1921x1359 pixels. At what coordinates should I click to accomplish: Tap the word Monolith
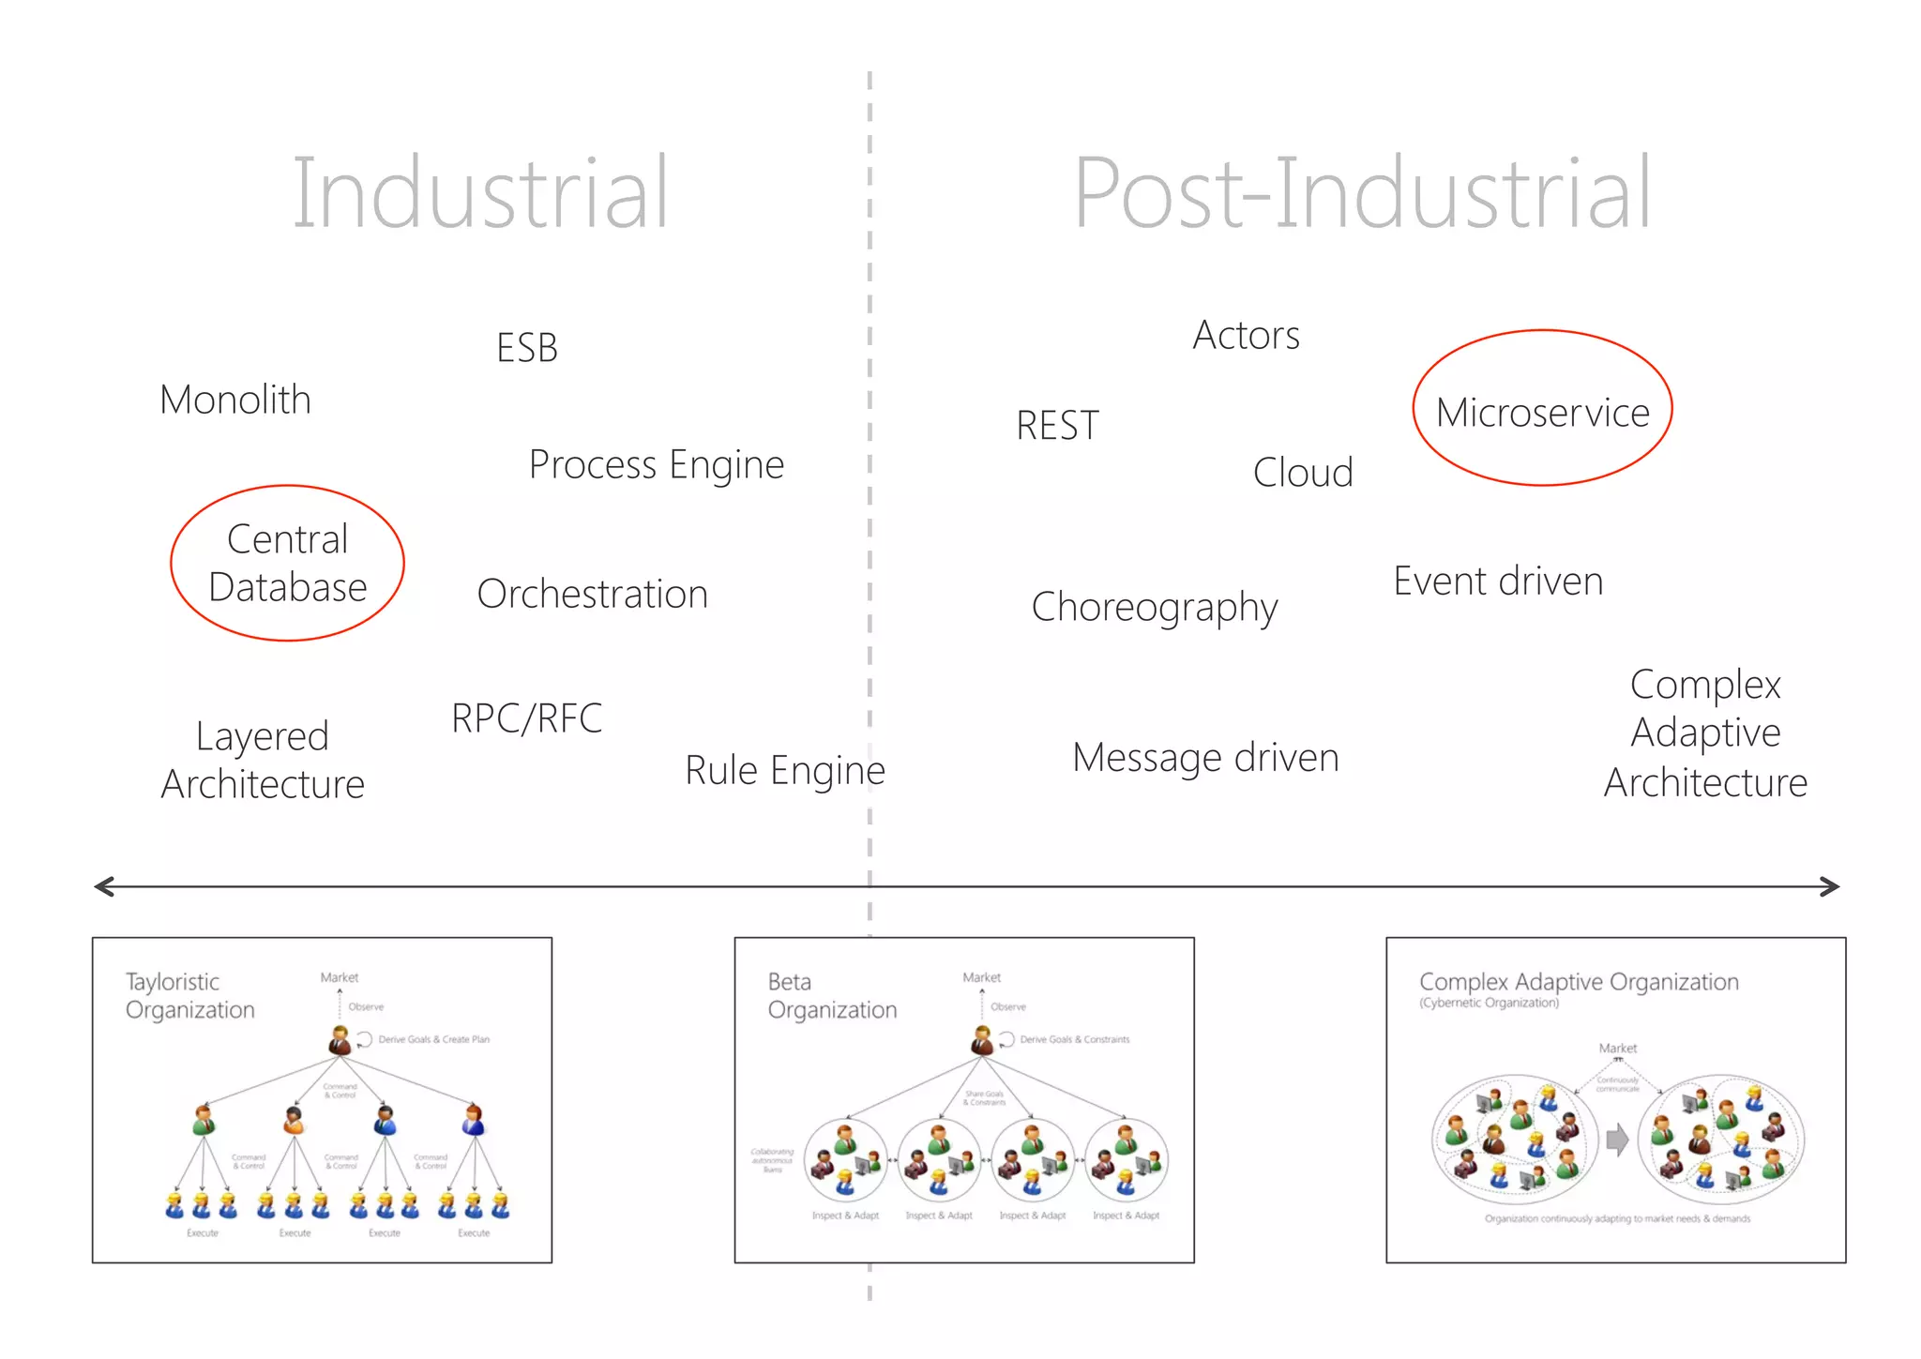235,400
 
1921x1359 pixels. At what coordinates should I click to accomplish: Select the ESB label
527,348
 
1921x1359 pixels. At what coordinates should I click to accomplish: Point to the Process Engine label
657,465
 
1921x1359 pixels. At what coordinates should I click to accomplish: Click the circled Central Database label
288,563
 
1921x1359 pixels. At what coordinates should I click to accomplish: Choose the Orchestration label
592,594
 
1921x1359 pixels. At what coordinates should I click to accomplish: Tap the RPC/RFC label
526,718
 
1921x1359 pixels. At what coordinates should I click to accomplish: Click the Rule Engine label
785,770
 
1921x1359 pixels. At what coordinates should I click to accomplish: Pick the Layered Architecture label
263,760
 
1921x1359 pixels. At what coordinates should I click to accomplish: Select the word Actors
1246,335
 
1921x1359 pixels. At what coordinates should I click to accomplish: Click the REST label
1057,426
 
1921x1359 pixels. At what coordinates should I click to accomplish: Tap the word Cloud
1303,473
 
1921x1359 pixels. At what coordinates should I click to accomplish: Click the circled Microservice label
1542,413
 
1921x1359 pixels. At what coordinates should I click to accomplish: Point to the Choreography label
1154,608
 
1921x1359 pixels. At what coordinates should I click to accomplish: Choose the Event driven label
1498,581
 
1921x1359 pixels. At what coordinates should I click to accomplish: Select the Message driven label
1205,758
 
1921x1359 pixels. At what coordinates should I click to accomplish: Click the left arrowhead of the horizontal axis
101,886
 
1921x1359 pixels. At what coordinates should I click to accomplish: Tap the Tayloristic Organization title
190,995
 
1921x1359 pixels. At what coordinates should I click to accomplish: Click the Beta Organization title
832,995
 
